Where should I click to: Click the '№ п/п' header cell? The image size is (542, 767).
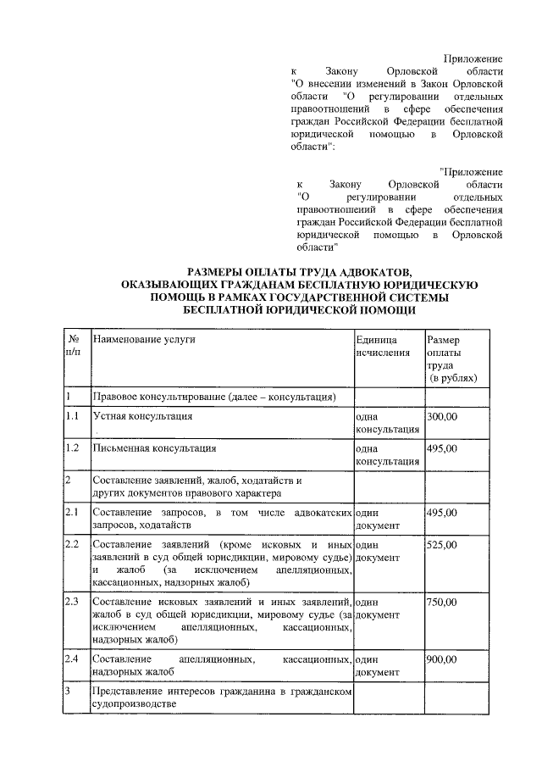pyautogui.click(x=73, y=346)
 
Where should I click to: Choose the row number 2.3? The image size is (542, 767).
pyautogui.click(x=72, y=603)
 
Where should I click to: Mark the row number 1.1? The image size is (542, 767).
pyautogui.click(x=72, y=417)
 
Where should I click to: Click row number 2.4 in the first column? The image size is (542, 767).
pyautogui.click(x=72, y=659)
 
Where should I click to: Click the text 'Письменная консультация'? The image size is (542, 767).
pyautogui.click(x=154, y=448)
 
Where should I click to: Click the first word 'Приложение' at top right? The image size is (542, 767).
pyautogui.click(x=473, y=58)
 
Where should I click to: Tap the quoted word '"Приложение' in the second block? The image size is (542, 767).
pyautogui.click(x=472, y=171)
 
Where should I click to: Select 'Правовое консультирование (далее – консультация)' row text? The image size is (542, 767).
pyautogui.click(x=215, y=397)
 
